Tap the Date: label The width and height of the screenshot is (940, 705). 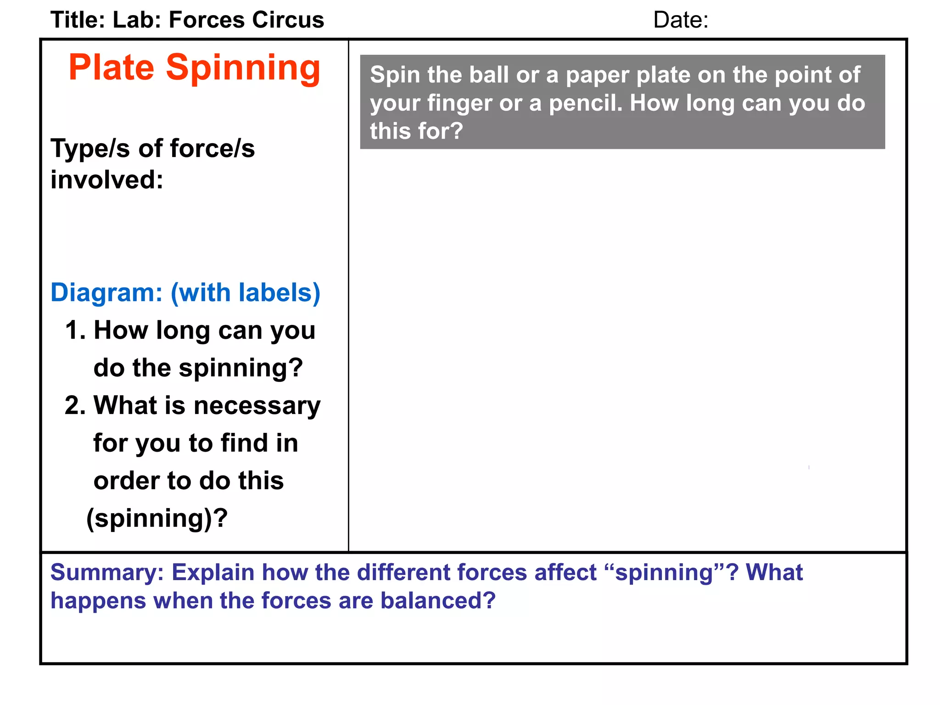coord(680,20)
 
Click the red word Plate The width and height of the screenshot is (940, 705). coord(111,68)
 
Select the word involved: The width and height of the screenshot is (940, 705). coord(106,180)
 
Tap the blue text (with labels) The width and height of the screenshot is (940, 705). coord(246,293)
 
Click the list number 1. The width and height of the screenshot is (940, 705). coord(75,330)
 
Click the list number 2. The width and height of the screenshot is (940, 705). coord(75,406)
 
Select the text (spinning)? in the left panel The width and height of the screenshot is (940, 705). coord(157,519)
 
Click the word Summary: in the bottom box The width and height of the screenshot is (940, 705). coord(107,573)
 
